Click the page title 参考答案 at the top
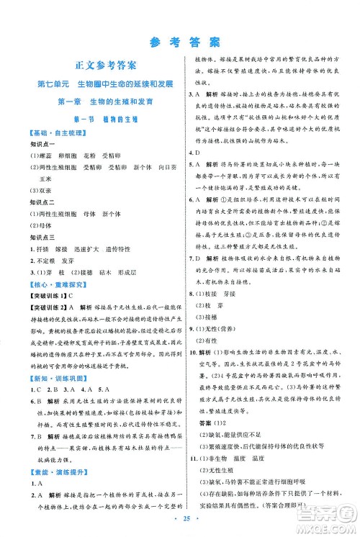point(179,40)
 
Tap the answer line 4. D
point(193,152)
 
